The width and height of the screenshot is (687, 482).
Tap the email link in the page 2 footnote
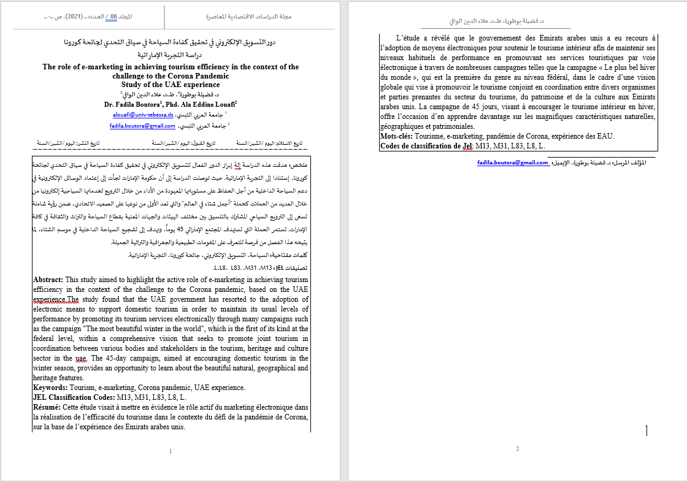pos(513,163)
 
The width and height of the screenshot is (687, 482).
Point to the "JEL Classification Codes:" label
pos(71,397)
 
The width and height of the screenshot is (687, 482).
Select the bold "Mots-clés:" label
pos(396,136)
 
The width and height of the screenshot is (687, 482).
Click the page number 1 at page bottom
pos(170,451)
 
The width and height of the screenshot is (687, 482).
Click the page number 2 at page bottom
pos(517,449)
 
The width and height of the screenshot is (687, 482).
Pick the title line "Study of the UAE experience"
pos(171,85)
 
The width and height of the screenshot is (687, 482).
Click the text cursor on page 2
pos(647,430)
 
